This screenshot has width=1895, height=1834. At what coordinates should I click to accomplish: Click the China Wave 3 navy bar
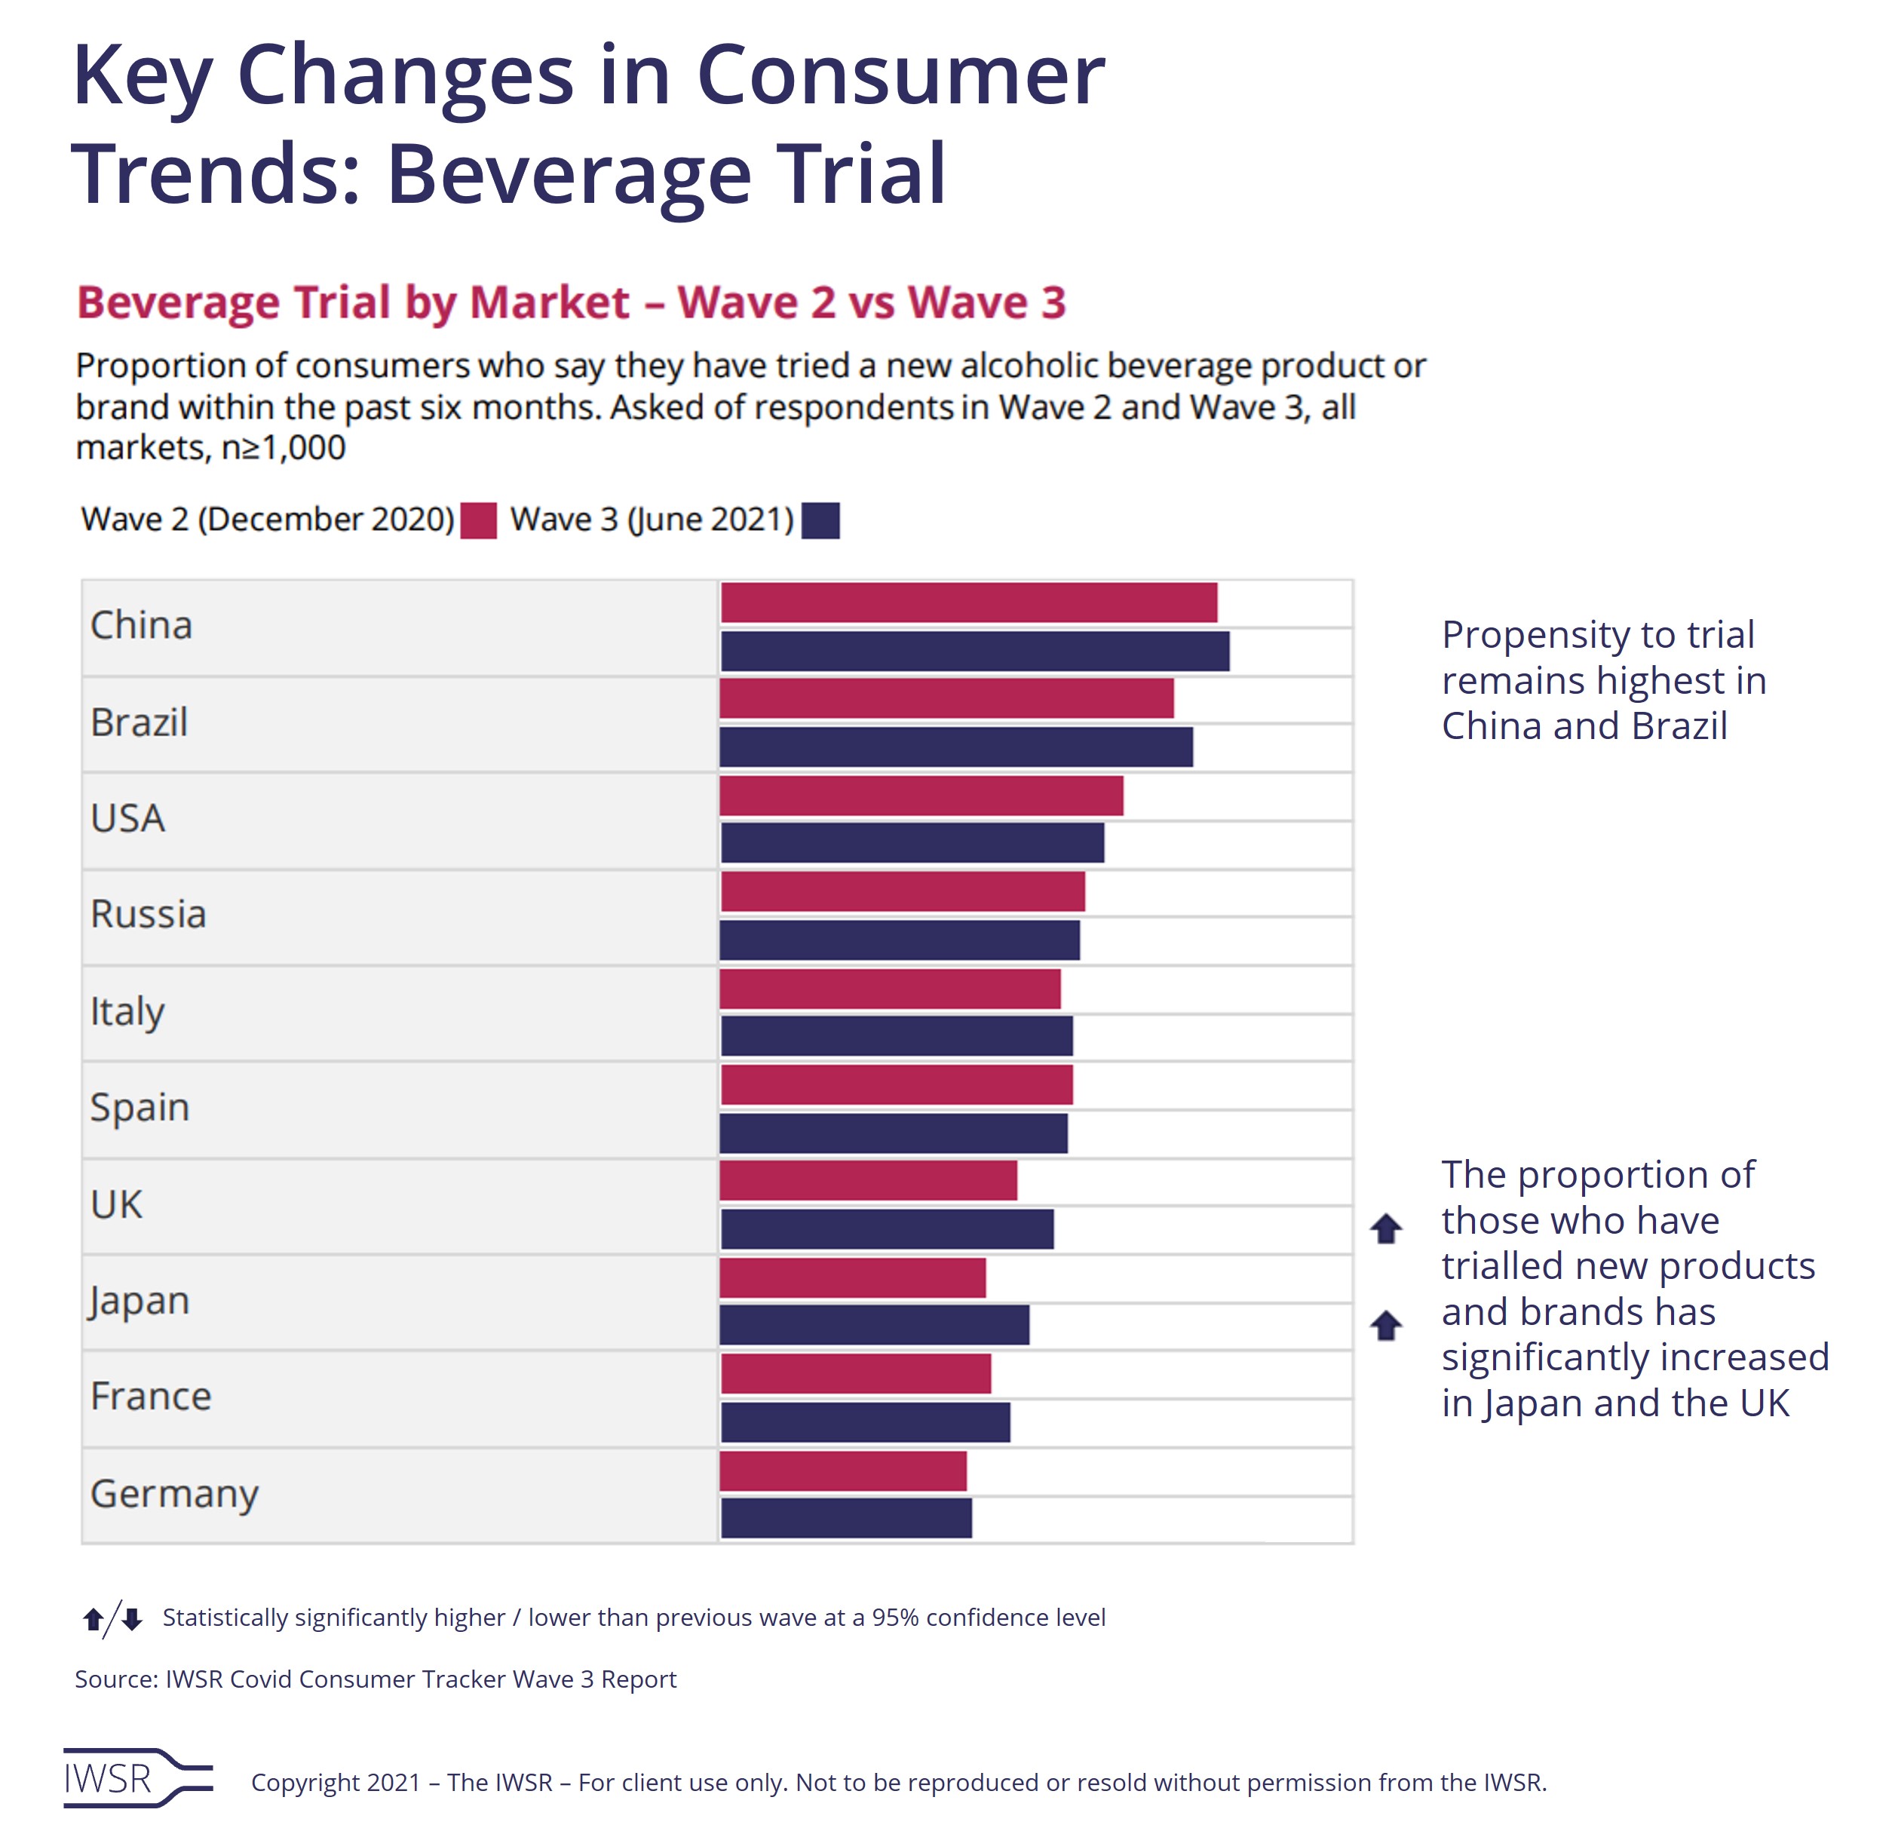974,651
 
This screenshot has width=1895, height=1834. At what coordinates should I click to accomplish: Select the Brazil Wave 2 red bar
946,698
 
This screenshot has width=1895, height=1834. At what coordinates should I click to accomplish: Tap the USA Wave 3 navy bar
912,843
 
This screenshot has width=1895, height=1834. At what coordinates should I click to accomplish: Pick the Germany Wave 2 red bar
843,1471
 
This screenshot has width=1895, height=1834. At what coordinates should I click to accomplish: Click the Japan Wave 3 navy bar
874,1324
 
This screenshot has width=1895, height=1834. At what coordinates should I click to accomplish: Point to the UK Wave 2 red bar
868,1180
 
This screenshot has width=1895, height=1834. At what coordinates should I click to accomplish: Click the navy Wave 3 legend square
821,520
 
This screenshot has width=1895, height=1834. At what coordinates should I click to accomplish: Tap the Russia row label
148,915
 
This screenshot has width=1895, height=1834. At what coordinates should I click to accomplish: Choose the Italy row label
127,1011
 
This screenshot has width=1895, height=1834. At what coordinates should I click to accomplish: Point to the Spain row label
140,1108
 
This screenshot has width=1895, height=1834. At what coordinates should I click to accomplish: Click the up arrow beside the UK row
1385,1228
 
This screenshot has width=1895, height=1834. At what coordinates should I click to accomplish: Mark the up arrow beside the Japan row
1385,1324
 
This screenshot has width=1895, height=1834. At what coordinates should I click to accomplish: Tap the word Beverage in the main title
569,175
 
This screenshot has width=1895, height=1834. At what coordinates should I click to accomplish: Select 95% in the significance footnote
895,1618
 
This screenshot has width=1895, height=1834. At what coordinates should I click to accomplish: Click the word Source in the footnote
114,1679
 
